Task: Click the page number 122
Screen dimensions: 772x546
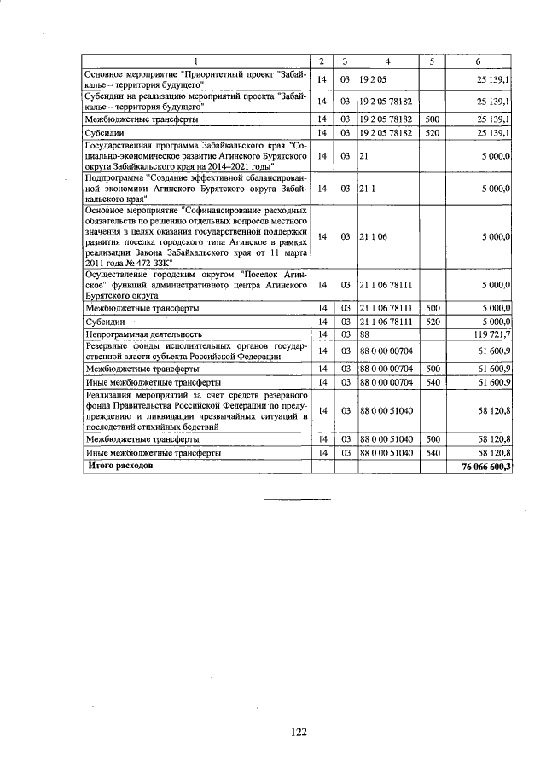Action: point(298,731)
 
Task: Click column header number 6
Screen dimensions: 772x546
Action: point(479,61)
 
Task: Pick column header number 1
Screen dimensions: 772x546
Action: point(195,61)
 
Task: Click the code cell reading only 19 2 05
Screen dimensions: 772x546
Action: point(374,79)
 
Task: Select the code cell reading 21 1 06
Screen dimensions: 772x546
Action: point(373,236)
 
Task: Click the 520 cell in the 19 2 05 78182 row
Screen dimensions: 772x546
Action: point(432,133)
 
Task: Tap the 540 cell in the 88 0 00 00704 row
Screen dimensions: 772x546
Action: point(432,383)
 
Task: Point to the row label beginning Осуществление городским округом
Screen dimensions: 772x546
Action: point(195,284)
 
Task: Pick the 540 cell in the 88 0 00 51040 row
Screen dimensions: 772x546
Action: point(432,452)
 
